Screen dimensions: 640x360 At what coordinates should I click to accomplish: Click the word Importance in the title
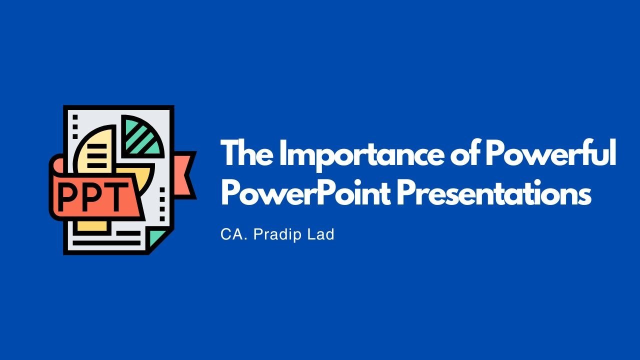point(361,154)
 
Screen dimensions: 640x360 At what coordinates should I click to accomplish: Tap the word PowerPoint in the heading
point(306,192)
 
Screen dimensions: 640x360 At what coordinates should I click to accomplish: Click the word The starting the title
point(247,152)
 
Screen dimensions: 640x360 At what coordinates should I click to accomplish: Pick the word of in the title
point(465,152)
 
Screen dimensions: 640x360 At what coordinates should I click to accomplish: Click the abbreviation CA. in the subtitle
point(234,234)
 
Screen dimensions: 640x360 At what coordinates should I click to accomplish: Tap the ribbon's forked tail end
point(185,175)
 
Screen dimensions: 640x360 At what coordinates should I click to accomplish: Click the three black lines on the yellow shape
point(96,155)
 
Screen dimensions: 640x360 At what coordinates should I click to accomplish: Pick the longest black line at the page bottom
point(107,243)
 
